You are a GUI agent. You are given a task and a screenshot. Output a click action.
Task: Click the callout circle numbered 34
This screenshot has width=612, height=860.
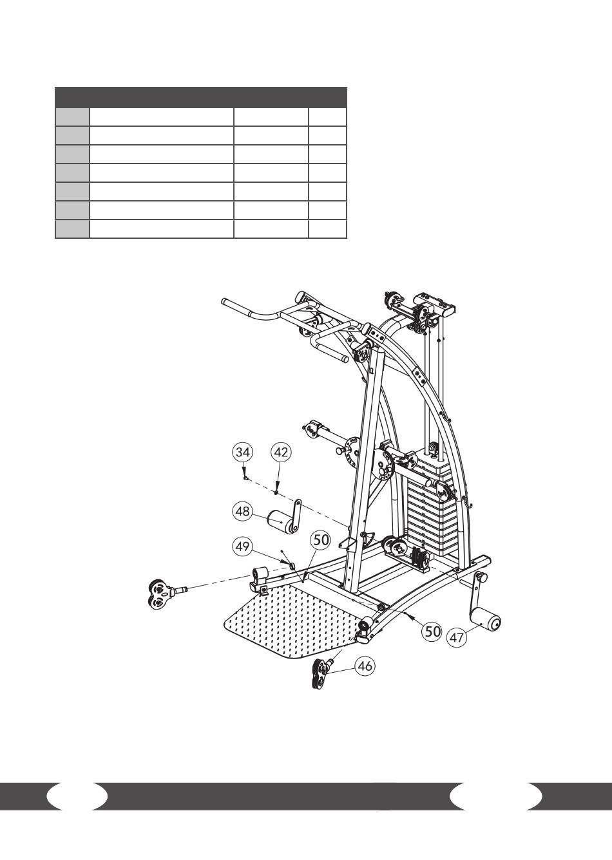[243, 453]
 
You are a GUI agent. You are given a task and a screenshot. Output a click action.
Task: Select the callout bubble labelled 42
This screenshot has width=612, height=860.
[282, 453]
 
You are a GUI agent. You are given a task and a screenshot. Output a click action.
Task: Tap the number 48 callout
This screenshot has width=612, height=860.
[243, 511]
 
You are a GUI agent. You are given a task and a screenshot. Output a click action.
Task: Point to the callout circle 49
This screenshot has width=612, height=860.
[243, 547]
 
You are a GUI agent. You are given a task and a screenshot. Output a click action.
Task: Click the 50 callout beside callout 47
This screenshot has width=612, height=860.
[432, 631]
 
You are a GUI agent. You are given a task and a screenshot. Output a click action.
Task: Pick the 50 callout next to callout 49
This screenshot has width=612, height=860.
[320, 541]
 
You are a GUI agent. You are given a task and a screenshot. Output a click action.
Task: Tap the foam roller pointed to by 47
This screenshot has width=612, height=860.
[486, 619]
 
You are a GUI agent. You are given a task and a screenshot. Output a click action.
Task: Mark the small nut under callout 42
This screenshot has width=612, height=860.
[276, 492]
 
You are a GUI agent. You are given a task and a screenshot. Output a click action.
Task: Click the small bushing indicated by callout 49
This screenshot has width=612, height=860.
[291, 565]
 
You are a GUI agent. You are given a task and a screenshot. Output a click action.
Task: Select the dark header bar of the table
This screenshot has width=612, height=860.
[201, 97]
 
